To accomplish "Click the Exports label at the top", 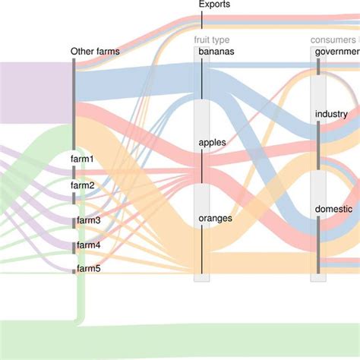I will click(214, 5).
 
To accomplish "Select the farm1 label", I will click(83, 159).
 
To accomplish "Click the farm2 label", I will click(83, 185).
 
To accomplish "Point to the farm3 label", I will click(88, 220).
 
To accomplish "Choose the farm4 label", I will click(88, 245).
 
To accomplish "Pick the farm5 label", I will click(88, 269).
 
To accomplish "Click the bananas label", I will click(216, 52).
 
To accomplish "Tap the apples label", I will click(212, 142).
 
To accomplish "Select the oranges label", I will click(215, 218).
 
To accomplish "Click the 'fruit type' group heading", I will click(211, 40).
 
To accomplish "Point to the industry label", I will click(331, 115).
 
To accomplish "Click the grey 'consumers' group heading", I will click(334, 40).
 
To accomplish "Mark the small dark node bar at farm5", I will click(74, 271).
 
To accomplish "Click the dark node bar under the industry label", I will click(318, 144).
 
